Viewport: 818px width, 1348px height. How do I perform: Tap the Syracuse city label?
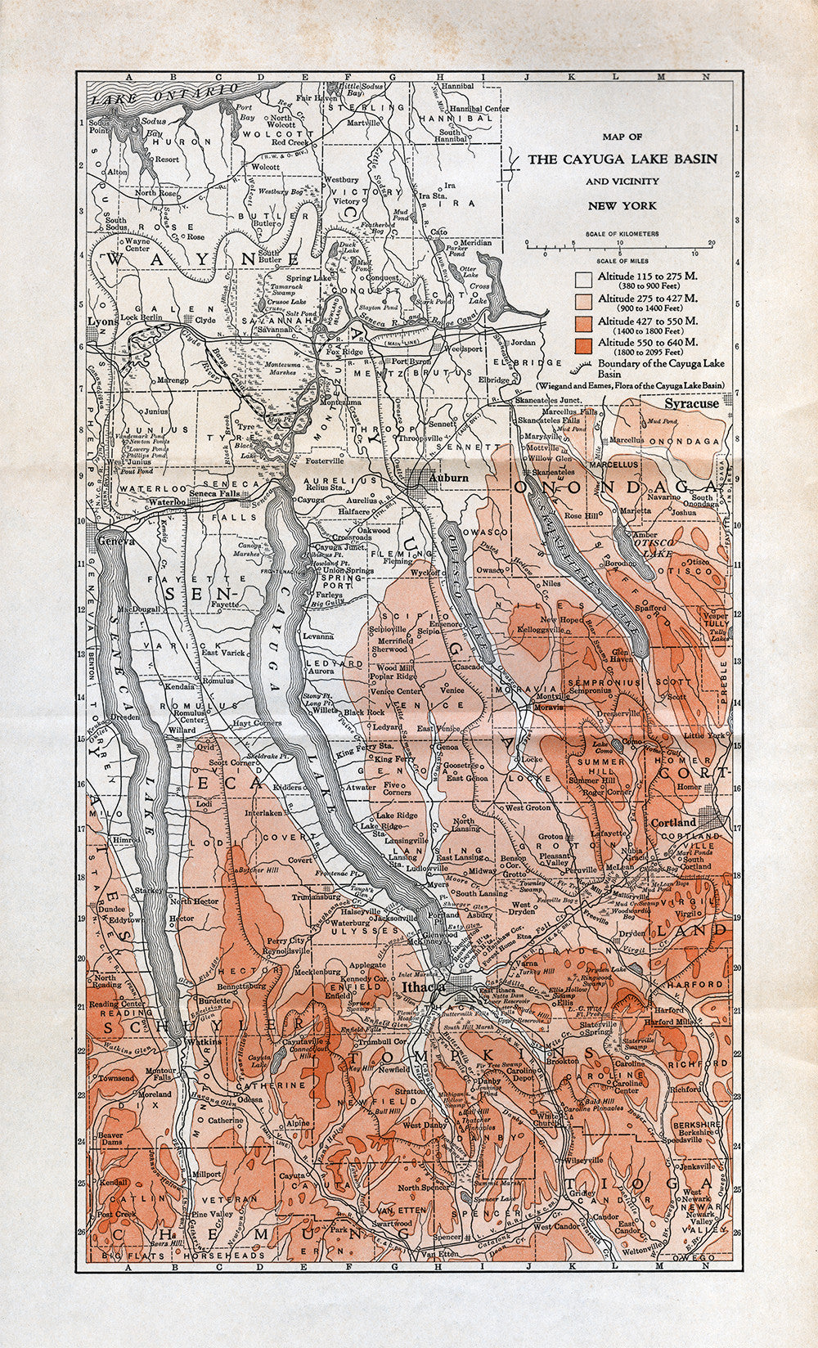tap(691, 403)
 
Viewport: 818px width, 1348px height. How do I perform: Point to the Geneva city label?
tap(114, 541)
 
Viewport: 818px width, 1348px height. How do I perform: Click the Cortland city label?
tap(673, 822)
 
